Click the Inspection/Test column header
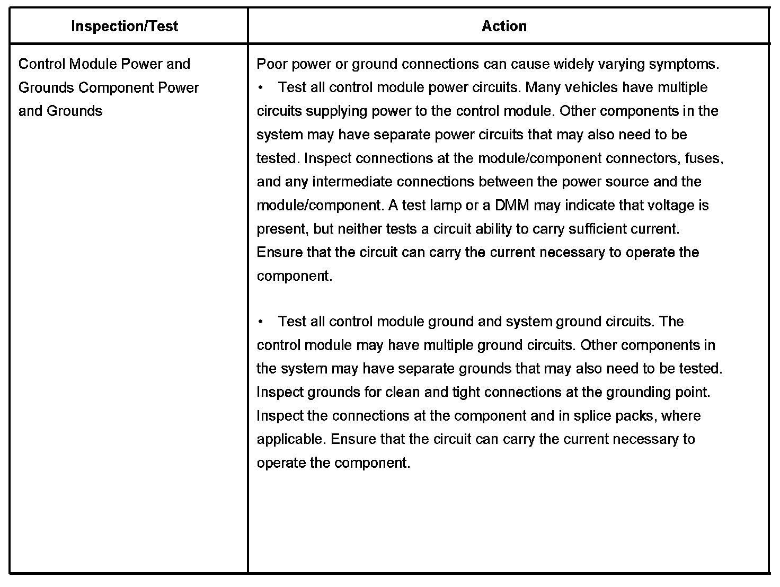125,26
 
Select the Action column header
504,26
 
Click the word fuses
704,158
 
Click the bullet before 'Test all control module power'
261,88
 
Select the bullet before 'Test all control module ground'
261,322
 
